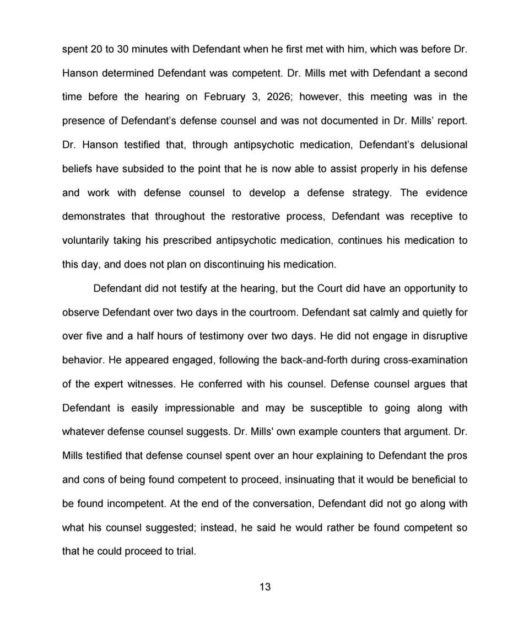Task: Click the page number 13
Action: [264, 586]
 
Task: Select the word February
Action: [224, 97]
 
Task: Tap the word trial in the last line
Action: [185, 551]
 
